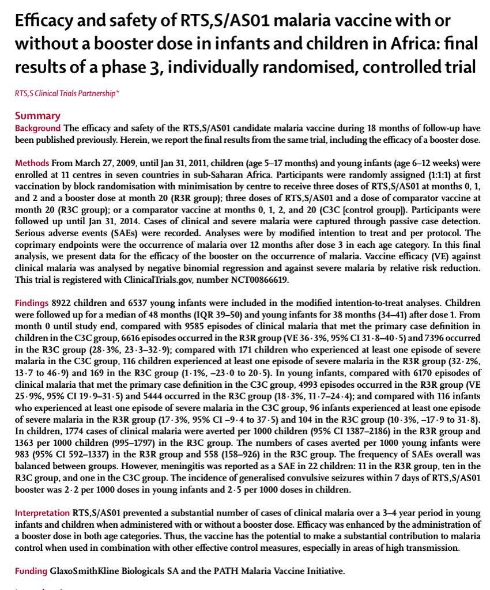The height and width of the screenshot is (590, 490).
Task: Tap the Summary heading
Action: click(37, 115)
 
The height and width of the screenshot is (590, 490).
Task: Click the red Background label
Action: click(38, 128)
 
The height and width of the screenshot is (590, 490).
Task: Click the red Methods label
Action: click(32, 164)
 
